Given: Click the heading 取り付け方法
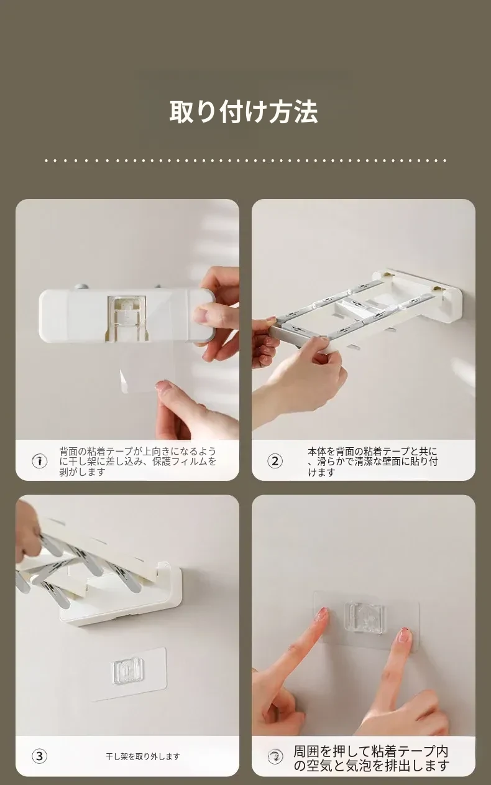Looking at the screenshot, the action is tap(244, 112).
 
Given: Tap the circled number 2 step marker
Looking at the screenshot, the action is tap(275, 461).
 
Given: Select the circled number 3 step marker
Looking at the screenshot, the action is tap(39, 756).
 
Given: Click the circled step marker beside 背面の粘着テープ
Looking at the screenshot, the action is tap(39, 460).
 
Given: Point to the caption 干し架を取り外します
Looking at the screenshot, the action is tap(143, 756).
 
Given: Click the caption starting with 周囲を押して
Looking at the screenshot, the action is tap(371, 758).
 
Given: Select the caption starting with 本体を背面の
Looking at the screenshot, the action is tap(373, 461).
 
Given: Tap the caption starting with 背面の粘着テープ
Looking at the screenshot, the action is tap(137, 461).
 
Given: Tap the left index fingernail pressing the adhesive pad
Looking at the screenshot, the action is tap(321, 615).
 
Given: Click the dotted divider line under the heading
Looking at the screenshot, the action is tap(245, 160).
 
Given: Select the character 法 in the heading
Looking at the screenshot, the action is tap(306, 112).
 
